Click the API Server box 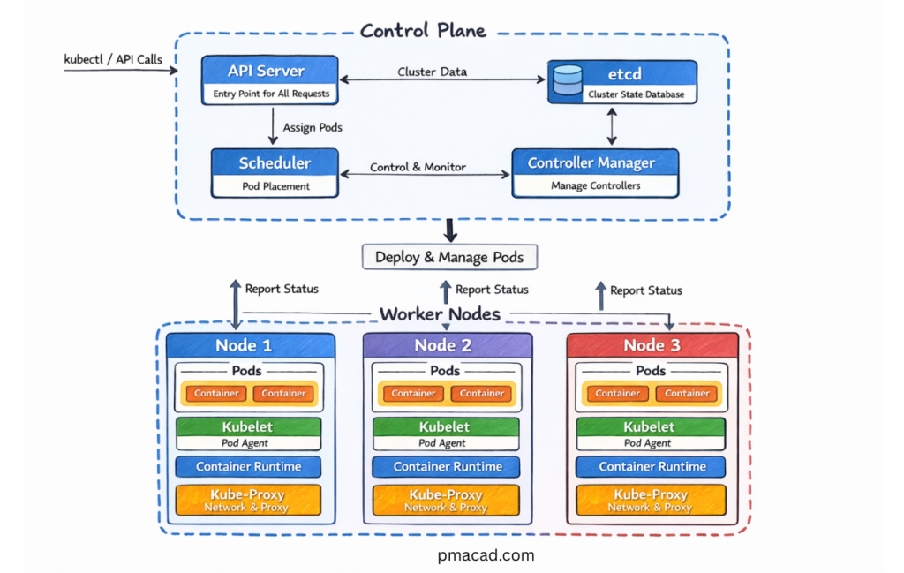point(269,80)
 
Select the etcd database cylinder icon point(567,80)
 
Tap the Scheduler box point(275,173)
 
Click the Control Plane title point(423,31)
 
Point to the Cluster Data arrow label point(433,72)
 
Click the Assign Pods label point(313,127)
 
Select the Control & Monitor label point(418,167)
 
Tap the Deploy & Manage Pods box point(449,258)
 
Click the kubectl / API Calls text point(113,60)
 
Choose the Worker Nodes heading point(440,314)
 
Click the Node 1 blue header point(251,345)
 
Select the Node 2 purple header point(448,345)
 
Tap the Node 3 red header point(652,345)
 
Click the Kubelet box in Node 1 point(248,434)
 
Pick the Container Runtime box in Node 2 point(448,467)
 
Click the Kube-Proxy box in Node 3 point(652,500)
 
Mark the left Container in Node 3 point(617,394)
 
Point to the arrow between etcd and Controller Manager point(611,127)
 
